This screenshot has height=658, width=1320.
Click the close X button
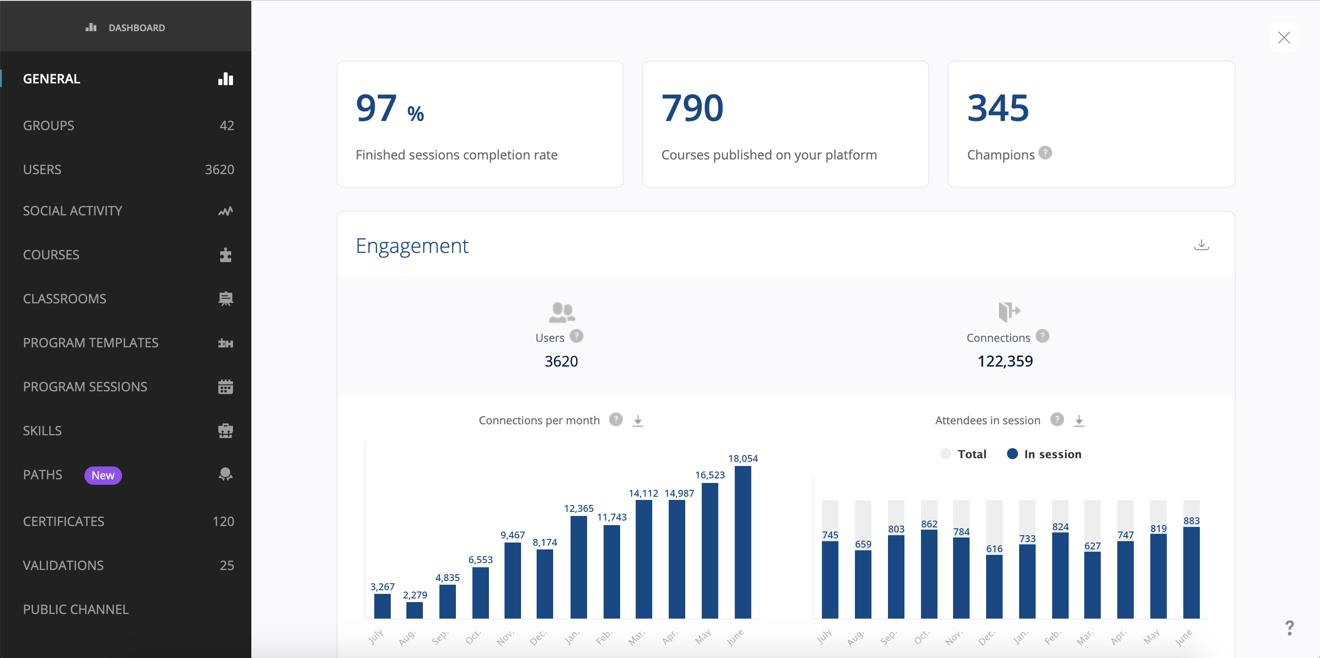(1284, 38)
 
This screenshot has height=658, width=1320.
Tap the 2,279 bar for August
(415, 610)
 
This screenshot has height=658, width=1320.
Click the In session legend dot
(1012, 454)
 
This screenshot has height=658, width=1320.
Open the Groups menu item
(49, 126)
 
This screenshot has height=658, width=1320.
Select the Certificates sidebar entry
(64, 521)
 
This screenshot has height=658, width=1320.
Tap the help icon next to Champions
(1045, 153)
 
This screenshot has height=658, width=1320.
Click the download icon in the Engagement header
(1201, 245)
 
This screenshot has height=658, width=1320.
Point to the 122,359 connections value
(1005, 361)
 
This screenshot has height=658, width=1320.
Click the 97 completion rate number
(377, 108)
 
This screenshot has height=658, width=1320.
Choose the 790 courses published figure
(692, 108)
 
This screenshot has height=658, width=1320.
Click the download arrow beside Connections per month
(638, 420)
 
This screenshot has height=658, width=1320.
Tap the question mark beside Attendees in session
(1057, 420)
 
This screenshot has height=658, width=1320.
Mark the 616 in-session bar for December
(994, 587)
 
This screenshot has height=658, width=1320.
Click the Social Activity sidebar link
(72, 211)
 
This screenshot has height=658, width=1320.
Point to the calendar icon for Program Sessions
(226, 387)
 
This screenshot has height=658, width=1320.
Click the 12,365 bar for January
(578, 567)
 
